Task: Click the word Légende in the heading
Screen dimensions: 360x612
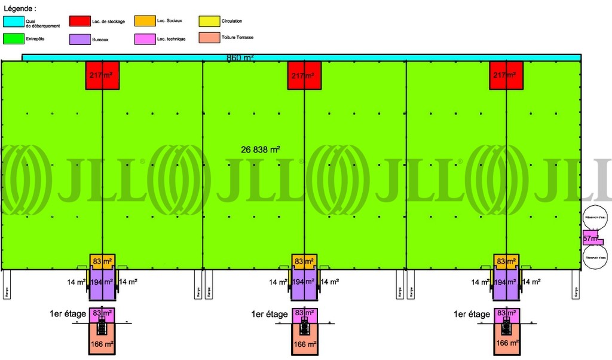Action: click(18, 9)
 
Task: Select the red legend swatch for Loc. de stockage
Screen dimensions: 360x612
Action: click(79, 22)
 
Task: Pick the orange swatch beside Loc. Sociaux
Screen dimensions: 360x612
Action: click(144, 22)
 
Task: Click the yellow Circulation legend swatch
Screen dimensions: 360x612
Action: click(209, 22)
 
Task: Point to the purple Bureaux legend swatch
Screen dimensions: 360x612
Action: click(79, 39)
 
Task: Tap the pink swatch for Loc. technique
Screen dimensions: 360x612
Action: click(144, 39)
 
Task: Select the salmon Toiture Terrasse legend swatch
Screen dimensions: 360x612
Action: click(209, 39)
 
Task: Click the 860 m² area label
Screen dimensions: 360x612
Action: click(240, 58)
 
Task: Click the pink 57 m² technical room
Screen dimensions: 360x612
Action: click(591, 237)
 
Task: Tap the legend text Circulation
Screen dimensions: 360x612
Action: click(231, 22)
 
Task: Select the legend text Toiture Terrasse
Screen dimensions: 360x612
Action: click(237, 37)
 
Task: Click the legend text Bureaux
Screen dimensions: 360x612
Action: click(100, 39)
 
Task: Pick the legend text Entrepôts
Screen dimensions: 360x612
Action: click(35, 39)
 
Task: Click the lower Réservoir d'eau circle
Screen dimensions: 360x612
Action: click(595, 258)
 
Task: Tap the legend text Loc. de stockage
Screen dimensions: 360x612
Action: click(108, 22)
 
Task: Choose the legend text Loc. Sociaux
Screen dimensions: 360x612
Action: click(169, 21)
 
